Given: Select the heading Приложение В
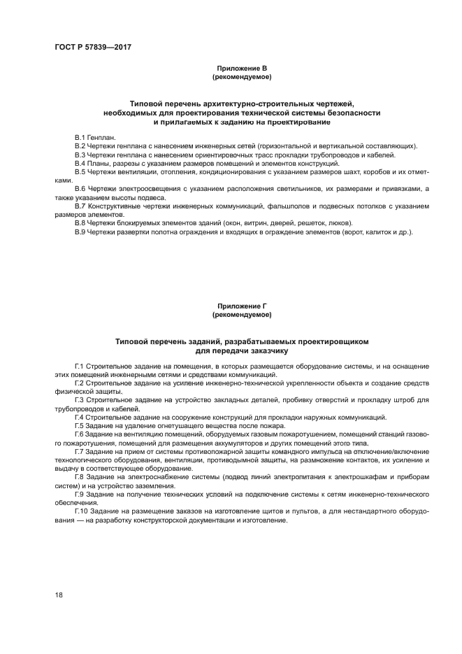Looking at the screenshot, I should point(242,68).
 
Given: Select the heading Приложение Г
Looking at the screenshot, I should point(242,306).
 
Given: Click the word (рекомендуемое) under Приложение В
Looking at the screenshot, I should point(242,76).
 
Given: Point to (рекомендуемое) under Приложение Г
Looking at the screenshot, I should point(242,314).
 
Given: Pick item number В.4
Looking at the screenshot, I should point(80,163).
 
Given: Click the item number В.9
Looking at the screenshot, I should point(80,232).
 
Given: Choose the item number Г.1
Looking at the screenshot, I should point(80,366).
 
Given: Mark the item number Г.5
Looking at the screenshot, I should point(80,425).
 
